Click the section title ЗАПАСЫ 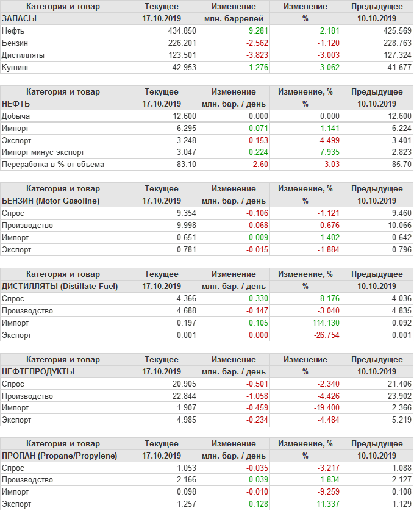click(20, 18)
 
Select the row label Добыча click(16, 116)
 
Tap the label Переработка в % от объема click(53, 165)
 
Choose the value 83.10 click(184, 165)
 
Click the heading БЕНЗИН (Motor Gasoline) click(51, 201)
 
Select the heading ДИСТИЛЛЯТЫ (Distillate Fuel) click(60, 286)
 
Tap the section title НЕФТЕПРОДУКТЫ click(38, 371)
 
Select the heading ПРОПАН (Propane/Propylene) click(59, 456)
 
